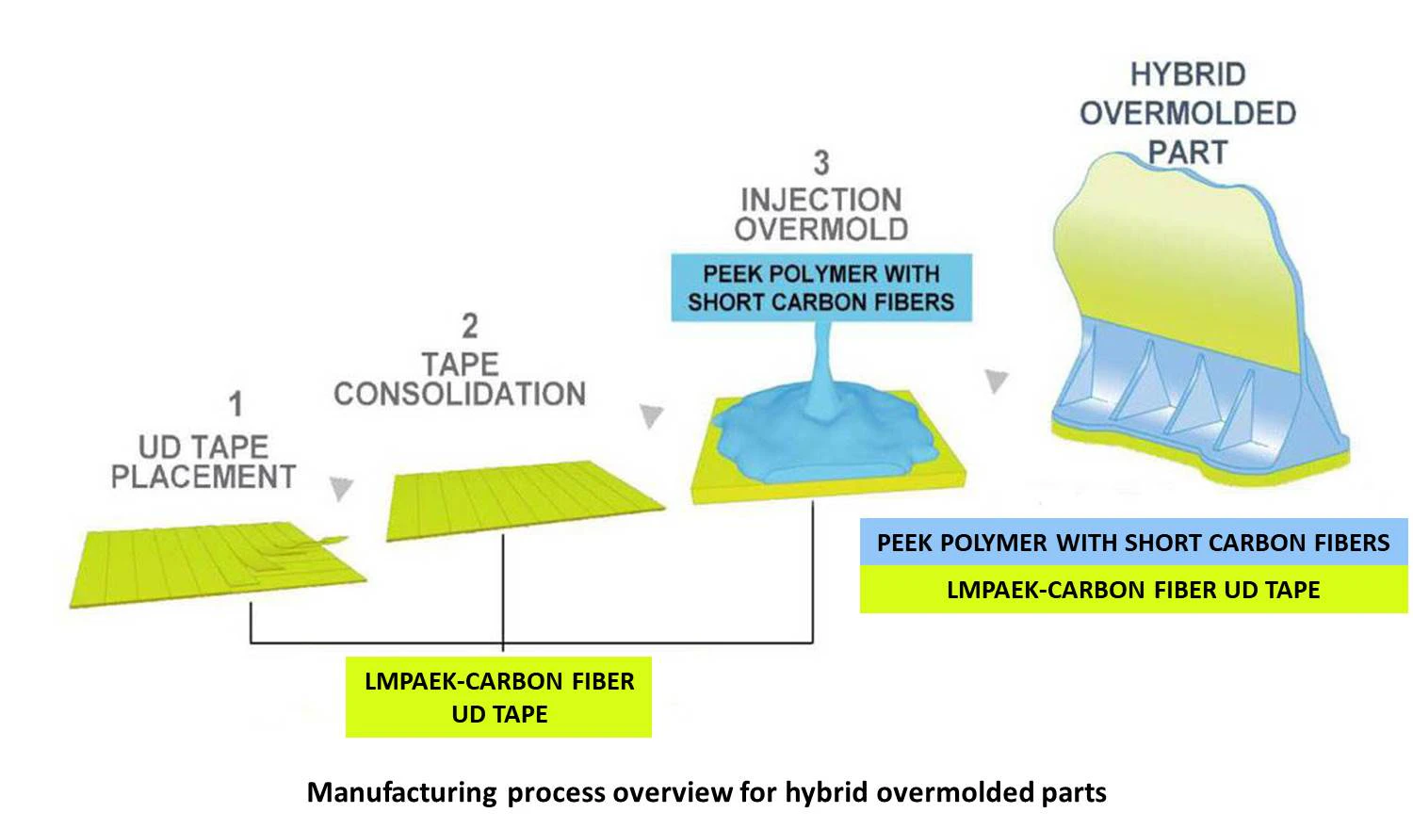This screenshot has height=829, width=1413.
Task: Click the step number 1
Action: point(235,405)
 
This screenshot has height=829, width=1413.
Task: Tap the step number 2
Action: point(469,327)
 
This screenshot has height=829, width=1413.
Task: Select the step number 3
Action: point(821,163)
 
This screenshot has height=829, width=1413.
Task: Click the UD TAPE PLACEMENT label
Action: point(203,462)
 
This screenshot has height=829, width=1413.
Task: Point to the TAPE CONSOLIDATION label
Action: point(460,380)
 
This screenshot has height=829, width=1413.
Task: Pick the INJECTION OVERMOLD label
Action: point(821,214)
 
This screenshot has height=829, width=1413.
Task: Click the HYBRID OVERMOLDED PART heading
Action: point(1187,113)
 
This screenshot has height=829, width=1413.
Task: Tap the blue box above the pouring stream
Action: point(820,288)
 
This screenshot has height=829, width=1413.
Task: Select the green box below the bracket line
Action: point(498,697)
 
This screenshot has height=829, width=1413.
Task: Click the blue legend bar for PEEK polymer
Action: point(1133,543)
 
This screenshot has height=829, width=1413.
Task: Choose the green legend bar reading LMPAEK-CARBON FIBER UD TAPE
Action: point(1133,590)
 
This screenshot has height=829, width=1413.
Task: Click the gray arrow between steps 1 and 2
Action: point(341,488)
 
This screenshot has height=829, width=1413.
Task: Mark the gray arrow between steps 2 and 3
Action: point(651,415)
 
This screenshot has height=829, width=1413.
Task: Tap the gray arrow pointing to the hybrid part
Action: point(996,381)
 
